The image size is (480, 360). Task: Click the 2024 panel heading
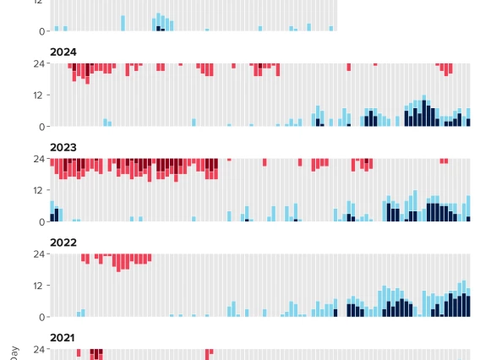point(63,52)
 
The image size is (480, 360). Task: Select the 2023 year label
point(63,148)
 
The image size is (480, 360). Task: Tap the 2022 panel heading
point(63,243)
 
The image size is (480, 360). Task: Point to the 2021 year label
point(63,338)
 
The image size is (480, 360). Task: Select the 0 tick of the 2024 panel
point(41,127)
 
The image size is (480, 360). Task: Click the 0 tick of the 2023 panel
point(41,222)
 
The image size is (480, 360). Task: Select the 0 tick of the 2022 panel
point(41,318)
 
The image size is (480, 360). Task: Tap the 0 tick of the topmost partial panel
point(41,31)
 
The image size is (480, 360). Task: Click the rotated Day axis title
point(14,351)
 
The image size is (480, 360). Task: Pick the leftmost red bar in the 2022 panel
point(83,258)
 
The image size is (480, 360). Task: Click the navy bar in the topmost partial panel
point(159,29)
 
